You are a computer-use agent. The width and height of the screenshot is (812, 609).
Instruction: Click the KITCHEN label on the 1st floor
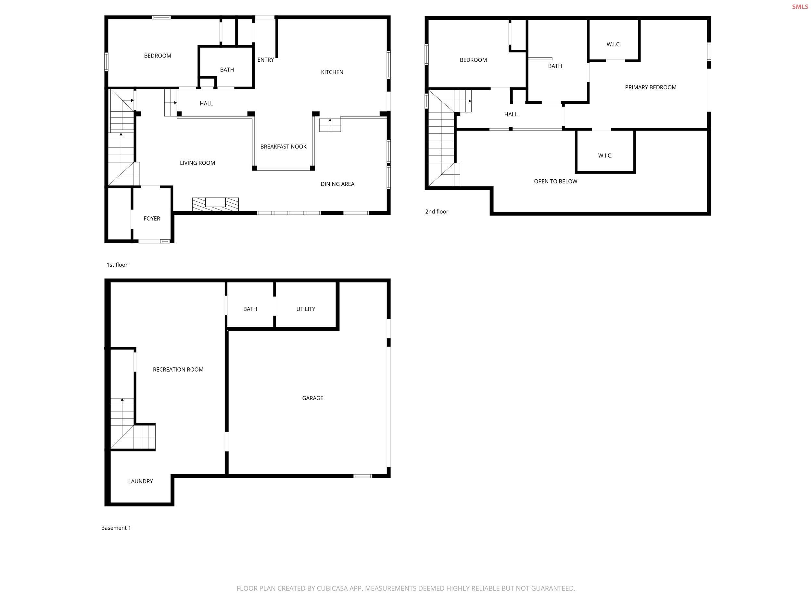click(332, 72)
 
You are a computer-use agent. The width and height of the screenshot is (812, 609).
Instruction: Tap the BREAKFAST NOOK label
click(283, 146)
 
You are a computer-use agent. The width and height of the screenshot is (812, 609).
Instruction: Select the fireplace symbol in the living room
click(215, 204)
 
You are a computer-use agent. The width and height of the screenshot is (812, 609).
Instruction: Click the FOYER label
click(152, 218)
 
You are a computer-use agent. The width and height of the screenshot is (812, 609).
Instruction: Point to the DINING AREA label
click(337, 184)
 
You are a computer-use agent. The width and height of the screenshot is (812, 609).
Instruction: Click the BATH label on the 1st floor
click(227, 70)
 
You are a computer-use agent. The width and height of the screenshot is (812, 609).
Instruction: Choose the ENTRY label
click(265, 60)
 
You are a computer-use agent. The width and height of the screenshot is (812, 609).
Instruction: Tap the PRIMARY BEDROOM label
click(650, 87)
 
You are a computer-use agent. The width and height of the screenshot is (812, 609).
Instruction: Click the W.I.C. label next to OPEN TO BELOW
click(605, 156)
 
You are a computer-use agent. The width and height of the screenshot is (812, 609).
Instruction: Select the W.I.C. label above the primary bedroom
click(614, 44)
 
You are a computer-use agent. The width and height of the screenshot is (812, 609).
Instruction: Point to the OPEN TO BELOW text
click(555, 181)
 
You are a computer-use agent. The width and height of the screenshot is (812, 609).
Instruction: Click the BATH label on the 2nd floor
click(555, 66)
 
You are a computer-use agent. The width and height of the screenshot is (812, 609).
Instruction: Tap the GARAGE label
click(312, 398)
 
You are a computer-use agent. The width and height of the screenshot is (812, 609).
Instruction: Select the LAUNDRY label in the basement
click(140, 481)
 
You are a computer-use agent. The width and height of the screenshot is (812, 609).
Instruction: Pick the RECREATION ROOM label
click(178, 370)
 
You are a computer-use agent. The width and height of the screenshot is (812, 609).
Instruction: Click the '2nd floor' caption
click(437, 211)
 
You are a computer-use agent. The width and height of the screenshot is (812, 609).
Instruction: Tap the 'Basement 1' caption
click(116, 528)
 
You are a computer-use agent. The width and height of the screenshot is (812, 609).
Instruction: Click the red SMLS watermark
click(800, 6)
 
